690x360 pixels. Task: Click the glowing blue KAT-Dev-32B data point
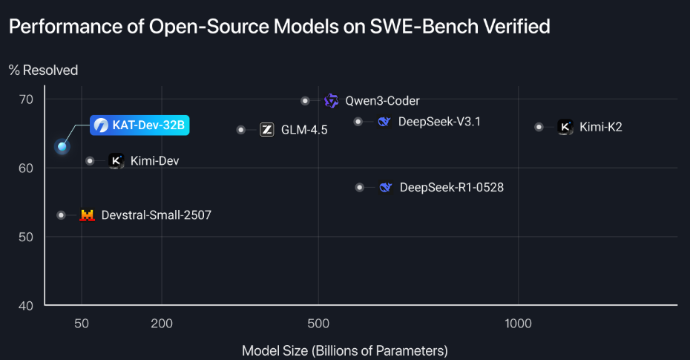coord(62,146)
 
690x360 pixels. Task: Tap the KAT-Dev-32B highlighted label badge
coord(139,125)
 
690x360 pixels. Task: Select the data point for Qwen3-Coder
coord(305,100)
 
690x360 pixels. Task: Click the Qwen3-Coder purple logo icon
coord(331,100)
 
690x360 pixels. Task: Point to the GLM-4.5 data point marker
coord(241,130)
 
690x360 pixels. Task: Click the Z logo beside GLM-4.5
coord(267,130)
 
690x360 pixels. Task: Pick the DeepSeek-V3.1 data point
coord(358,121)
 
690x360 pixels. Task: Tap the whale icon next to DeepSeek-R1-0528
coord(385,188)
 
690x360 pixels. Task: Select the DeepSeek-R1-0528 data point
coord(360,188)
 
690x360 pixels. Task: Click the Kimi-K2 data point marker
coord(539,127)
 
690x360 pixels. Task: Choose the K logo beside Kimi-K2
coord(565,127)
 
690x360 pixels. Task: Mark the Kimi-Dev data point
coord(90,160)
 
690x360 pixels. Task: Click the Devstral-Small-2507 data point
coord(61,215)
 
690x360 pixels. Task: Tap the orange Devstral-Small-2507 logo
coord(88,215)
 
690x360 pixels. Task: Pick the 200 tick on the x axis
coord(162,323)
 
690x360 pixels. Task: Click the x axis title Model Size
coord(345,350)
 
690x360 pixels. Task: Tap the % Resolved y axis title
coord(43,70)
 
